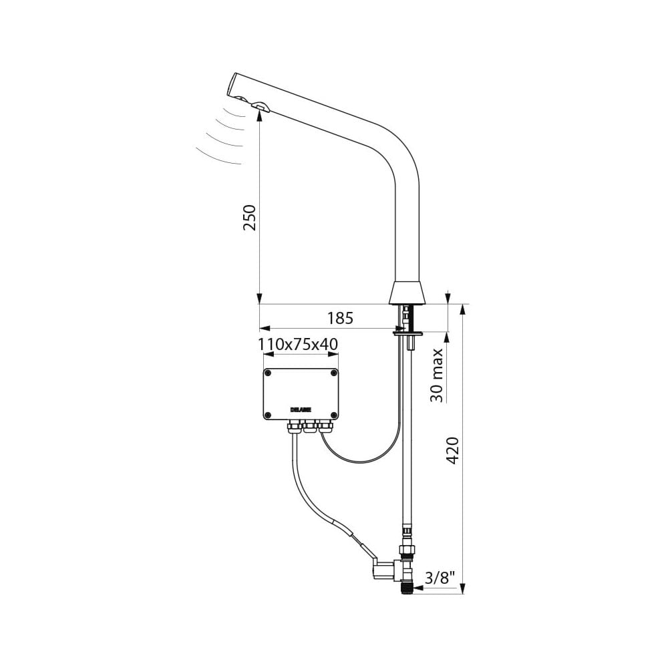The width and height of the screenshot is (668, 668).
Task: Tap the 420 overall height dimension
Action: tap(452, 450)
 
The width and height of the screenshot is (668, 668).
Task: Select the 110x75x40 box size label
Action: tap(298, 344)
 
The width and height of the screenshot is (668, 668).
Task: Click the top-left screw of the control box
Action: tap(269, 373)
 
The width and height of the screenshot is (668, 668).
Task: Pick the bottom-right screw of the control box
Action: tap(333, 415)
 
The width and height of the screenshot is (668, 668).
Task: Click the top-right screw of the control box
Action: tap(333, 373)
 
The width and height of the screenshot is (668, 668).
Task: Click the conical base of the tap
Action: tap(406, 292)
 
